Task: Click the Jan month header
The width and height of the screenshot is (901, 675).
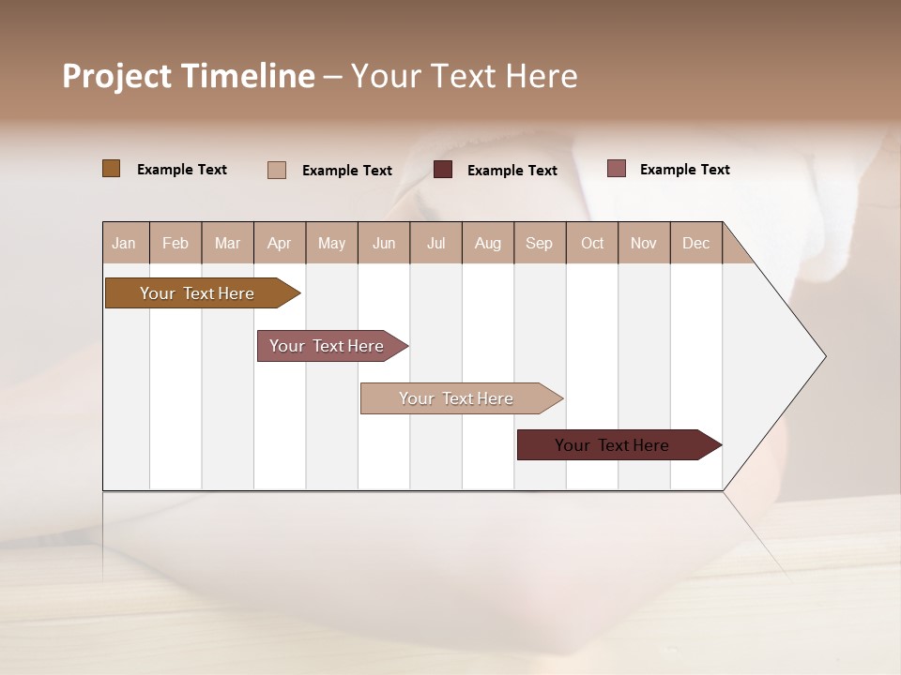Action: pyautogui.click(x=124, y=244)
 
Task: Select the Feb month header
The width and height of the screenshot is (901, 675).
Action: pyautogui.click(x=176, y=244)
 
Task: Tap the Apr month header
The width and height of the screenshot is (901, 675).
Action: pyautogui.click(x=280, y=244)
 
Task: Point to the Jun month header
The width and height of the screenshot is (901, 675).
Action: pyautogui.click(x=384, y=244)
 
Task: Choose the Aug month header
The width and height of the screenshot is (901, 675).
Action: pyautogui.click(x=488, y=244)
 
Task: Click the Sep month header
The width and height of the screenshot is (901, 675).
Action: pyautogui.click(x=540, y=244)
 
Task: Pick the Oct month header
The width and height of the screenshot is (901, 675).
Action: pyautogui.click(x=592, y=244)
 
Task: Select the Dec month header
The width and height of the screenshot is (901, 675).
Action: pyautogui.click(x=696, y=244)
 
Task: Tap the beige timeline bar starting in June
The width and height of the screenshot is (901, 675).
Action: pyautogui.click(x=458, y=398)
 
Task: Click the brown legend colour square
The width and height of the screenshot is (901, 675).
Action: pyautogui.click(x=112, y=169)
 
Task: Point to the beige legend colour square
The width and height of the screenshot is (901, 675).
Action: pyautogui.click(x=277, y=170)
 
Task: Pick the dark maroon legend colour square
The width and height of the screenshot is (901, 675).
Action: pyautogui.click(x=443, y=170)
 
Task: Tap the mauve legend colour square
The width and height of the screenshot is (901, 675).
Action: pyautogui.click(x=617, y=169)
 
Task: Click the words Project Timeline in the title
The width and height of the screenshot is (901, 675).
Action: pyautogui.click(x=189, y=76)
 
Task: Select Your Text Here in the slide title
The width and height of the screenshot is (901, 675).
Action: pyautogui.click(x=465, y=76)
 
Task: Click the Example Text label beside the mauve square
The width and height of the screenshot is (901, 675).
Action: pyautogui.click(x=685, y=170)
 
